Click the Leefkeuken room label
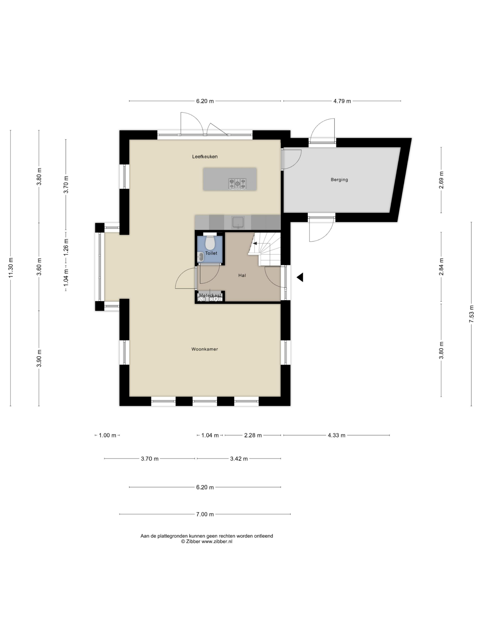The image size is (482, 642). [x=205, y=157]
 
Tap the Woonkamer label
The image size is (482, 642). [x=205, y=349]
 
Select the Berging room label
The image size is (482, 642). [x=339, y=180]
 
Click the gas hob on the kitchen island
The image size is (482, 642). [x=237, y=184]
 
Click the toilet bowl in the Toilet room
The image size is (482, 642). [x=210, y=243]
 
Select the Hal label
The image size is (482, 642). [x=242, y=275]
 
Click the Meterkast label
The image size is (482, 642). [x=210, y=295]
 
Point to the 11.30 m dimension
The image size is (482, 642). [x=11, y=268]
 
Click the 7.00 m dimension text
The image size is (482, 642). [x=205, y=514]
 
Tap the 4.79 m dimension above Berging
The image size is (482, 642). [x=342, y=101]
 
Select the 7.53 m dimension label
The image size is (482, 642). [x=471, y=314]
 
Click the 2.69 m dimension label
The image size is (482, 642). [x=441, y=180]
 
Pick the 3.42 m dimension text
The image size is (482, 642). [x=239, y=459]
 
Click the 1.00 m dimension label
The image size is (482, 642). [x=107, y=435]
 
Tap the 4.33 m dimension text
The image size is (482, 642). [x=336, y=435]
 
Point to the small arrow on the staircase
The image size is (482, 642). [x=255, y=243]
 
